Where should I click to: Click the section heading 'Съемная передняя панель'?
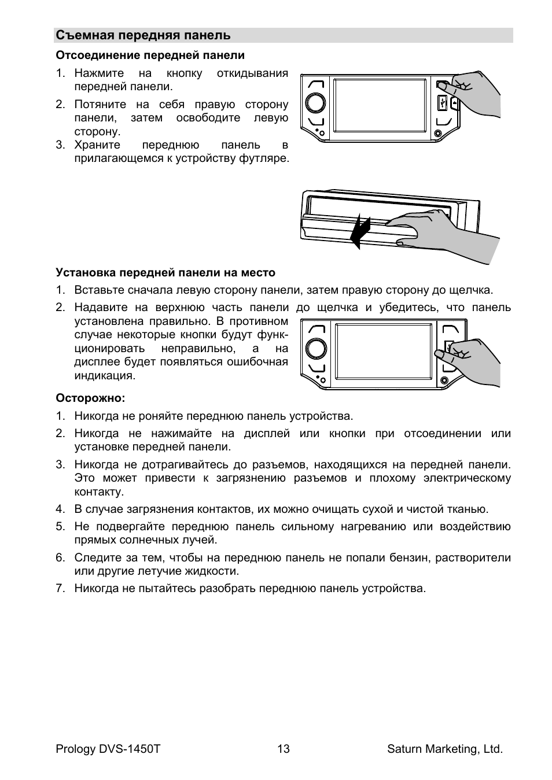143,35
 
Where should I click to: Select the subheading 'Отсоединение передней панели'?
150,56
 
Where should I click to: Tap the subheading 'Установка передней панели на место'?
165,272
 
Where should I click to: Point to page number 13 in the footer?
283,749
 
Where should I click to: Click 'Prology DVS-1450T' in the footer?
108,749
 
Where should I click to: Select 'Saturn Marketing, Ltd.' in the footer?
444,749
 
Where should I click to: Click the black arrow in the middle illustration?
360,230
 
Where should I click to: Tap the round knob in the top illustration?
315,102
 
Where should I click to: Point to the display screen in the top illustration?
380,105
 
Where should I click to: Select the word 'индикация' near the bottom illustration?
104,376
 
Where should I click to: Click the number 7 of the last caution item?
59,589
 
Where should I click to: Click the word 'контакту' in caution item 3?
99,492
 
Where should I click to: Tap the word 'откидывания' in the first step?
252,73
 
